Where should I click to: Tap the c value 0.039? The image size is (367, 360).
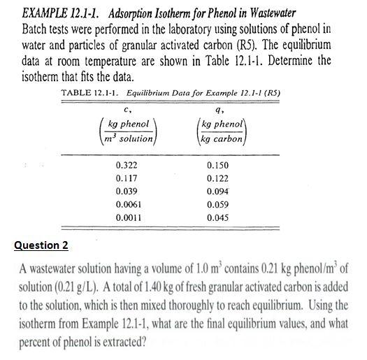tap(127, 191)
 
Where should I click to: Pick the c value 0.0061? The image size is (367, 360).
tap(129, 203)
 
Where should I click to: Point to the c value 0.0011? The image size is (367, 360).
tap(129, 217)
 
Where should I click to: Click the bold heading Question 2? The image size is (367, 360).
tap(42, 245)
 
